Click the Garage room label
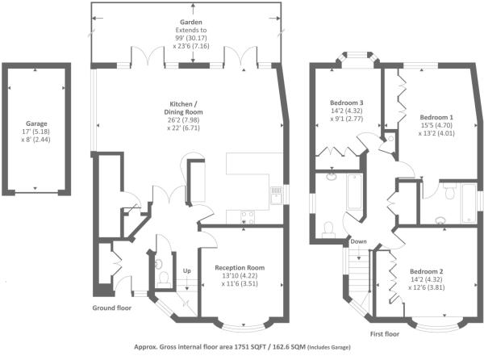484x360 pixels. (x=36, y=123)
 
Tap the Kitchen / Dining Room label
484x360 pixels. (x=184, y=107)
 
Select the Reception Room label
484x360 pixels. (x=240, y=268)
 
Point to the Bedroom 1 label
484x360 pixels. (x=436, y=117)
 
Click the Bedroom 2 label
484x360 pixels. (x=426, y=271)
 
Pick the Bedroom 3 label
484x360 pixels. (x=346, y=103)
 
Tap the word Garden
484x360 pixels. (x=191, y=23)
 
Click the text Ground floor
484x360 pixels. (x=112, y=308)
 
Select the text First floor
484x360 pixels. (x=385, y=333)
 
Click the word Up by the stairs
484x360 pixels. (x=187, y=270)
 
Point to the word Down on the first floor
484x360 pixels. (x=358, y=241)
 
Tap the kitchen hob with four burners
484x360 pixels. (x=248, y=217)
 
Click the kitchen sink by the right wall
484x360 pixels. (x=276, y=195)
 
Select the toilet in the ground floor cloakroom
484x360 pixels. (x=163, y=278)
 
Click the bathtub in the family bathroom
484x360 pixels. (x=354, y=192)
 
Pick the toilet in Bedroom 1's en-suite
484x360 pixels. (x=449, y=191)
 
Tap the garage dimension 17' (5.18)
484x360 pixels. (x=35, y=132)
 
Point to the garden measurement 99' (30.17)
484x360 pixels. (x=191, y=38)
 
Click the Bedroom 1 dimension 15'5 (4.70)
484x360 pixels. (x=436, y=125)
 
